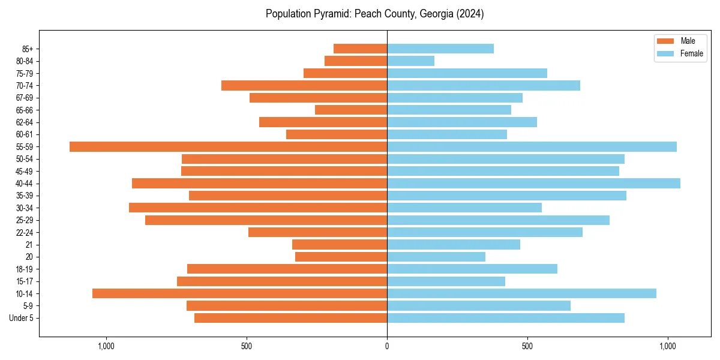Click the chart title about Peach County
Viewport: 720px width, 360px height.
pos(374,14)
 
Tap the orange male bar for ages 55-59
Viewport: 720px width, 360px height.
pos(228,147)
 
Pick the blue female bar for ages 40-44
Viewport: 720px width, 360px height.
pos(533,184)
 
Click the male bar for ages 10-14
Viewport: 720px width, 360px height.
pos(239,293)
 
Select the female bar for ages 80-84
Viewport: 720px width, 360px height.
pos(410,61)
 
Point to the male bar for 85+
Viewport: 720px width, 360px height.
pos(360,49)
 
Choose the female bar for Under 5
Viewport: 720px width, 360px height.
pos(505,318)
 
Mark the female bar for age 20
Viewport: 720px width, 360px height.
pos(436,257)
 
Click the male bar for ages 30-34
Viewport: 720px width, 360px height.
pos(258,208)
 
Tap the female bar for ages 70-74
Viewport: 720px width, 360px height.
pos(483,86)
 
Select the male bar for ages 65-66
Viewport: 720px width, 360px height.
pos(351,110)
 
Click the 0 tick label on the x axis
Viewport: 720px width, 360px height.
pos(387,346)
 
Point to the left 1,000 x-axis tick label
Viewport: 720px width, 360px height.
pos(106,346)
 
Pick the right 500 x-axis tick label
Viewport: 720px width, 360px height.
pos(527,346)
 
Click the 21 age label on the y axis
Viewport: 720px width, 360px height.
pos(29,245)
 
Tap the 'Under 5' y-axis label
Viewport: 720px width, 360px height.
pos(22,318)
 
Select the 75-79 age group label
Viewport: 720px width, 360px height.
pos(25,73)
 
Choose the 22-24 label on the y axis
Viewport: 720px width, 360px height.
pos(25,232)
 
